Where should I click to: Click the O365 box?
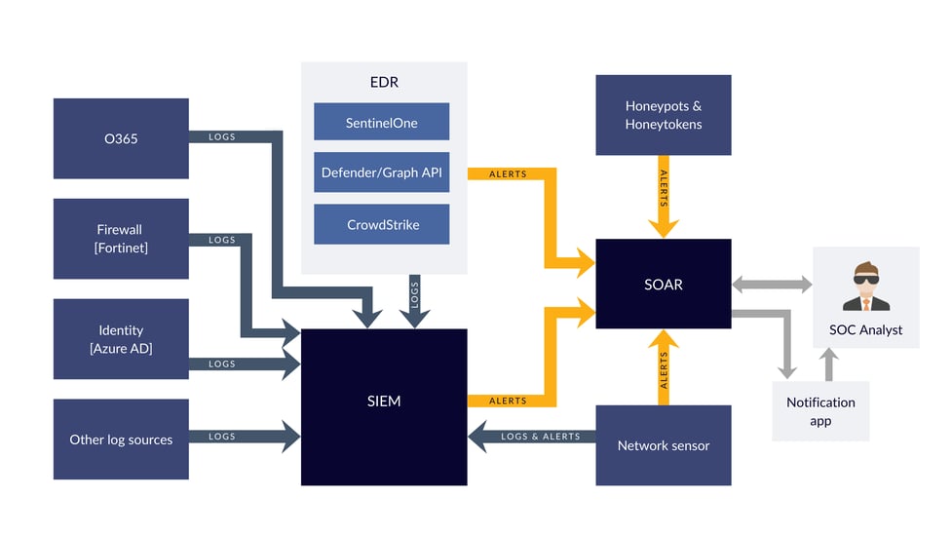coord(121,138)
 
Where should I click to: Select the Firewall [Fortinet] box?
coord(121,239)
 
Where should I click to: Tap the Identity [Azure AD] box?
coord(121,339)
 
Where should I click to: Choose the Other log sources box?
coord(121,439)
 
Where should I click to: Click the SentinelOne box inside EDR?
coord(381,123)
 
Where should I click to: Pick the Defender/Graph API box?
coord(381,173)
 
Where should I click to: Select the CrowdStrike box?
coord(381,224)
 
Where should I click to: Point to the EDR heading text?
coord(383,83)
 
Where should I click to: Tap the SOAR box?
coord(663,285)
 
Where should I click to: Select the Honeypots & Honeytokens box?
coord(663,115)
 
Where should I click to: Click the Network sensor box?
coord(663,445)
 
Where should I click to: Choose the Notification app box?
coord(820,410)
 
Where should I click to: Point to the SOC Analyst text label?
coord(865,329)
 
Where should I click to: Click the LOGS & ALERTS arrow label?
coord(540,437)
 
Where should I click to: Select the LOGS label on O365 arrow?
coord(222,137)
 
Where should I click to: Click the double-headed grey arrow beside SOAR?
coord(772,285)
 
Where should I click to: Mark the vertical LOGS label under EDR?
coord(414,296)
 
